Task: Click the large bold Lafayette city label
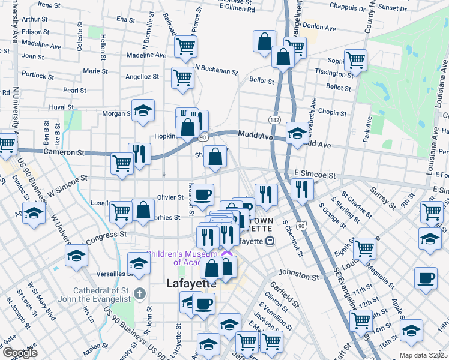[x=190, y=285]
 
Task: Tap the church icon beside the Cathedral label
[x=139, y=293]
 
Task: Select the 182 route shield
[x=274, y=121]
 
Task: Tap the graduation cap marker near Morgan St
[x=142, y=110]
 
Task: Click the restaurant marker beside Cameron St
[x=139, y=154]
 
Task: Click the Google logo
[x=20, y=353]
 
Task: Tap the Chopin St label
[x=333, y=112]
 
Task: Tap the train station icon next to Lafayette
[x=270, y=241]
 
